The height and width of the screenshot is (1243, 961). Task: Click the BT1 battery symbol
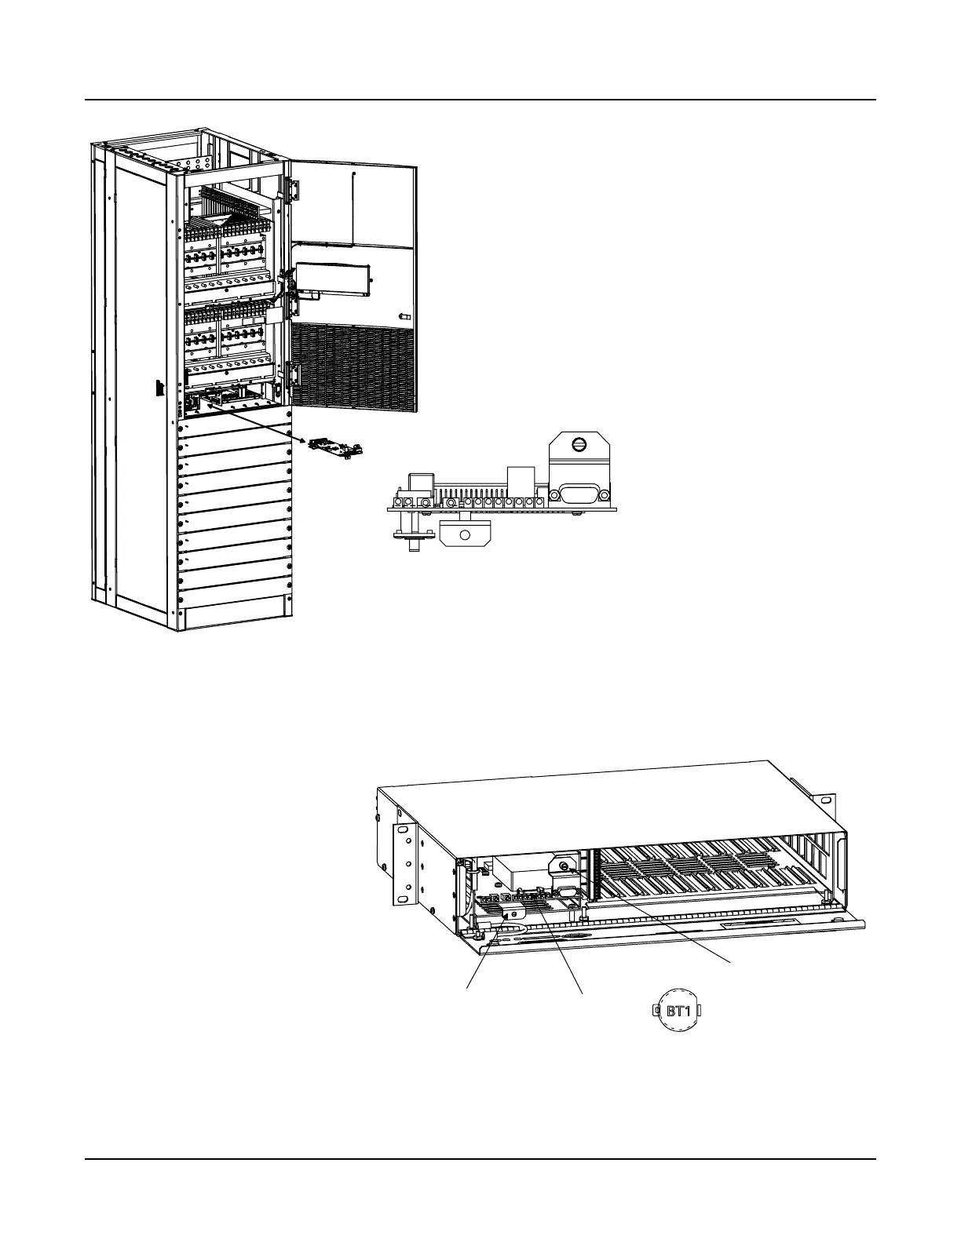677,1011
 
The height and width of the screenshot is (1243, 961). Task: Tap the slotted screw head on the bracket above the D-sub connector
580,445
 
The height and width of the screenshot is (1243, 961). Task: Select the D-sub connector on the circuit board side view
579,494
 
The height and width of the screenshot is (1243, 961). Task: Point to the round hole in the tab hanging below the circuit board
464,534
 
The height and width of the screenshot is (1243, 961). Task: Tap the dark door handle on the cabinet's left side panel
158,388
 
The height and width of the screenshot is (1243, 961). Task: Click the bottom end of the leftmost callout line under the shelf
469,990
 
